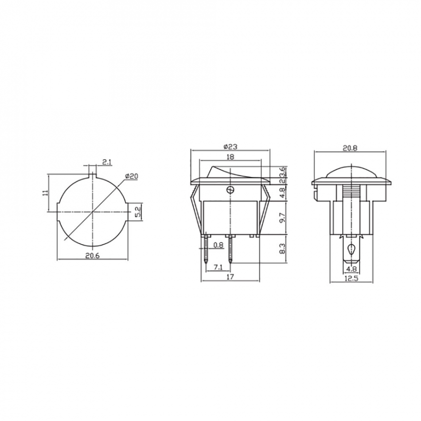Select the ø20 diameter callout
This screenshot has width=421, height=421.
click(132, 176)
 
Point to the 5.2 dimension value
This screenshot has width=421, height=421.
click(137, 212)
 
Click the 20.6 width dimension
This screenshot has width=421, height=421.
click(92, 256)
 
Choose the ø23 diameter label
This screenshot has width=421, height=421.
click(230, 147)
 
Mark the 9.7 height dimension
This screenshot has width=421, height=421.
click(282, 218)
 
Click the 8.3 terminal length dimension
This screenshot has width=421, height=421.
click(282, 249)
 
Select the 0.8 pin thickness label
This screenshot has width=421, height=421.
click(218, 245)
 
